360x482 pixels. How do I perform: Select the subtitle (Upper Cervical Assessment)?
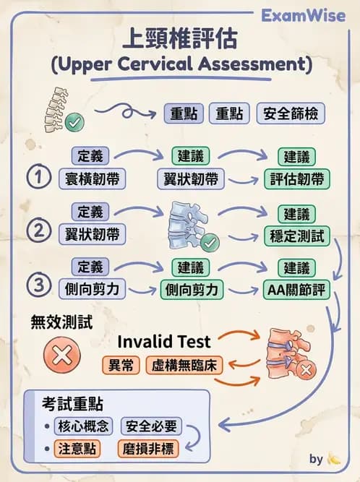point(181,64)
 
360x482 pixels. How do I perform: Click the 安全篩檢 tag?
point(290,113)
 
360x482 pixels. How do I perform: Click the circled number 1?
point(40,177)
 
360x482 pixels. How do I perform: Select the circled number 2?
point(40,233)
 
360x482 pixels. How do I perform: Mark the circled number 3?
point(40,287)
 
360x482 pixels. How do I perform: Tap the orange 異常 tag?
point(121,366)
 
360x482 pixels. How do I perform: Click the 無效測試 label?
point(61,322)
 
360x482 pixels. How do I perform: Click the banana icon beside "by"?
point(334,459)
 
